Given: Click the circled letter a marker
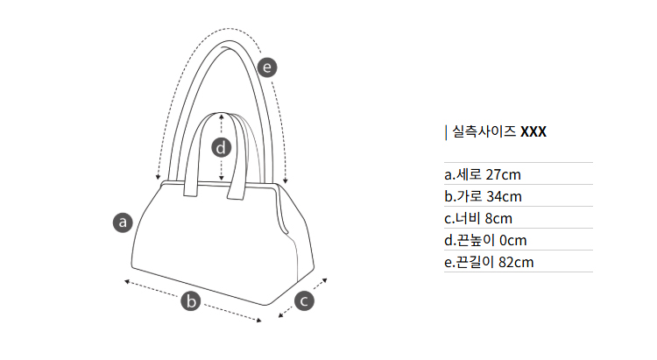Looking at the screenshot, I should [124, 222].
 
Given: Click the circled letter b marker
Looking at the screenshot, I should [191, 301].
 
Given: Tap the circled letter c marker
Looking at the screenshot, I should [303, 300].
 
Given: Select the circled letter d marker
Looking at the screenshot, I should [222, 147].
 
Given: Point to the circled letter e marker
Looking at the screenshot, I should [268, 66].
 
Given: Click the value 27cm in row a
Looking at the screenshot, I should [503, 173].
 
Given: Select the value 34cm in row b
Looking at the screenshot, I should [504, 195].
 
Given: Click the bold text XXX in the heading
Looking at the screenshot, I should [533, 132].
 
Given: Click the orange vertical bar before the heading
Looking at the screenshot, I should [447, 132].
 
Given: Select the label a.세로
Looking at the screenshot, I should [463, 173].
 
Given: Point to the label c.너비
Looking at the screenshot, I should [462, 217].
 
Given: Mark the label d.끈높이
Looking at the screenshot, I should [468, 239].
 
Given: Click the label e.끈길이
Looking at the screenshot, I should [468, 261].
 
